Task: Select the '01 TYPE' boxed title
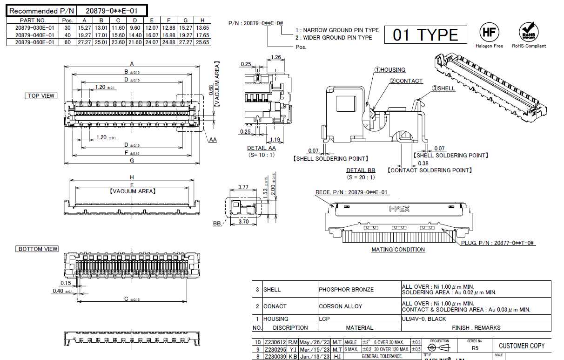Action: click(425, 35)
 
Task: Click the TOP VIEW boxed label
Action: click(41, 96)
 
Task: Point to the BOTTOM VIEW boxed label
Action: click(38, 249)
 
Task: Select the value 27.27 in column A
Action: click(84, 42)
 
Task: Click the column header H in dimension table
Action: click(202, 20)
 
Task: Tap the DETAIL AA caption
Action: click(261, 148)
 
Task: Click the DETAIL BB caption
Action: click(361, 170)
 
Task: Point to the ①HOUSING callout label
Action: click(390, 70)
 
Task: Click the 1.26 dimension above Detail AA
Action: click(275, 57)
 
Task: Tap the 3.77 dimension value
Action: click(243, 187)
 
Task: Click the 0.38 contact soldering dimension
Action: click(423, 163)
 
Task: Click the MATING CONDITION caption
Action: click(398, 250)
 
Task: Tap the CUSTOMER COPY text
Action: click(521, 346)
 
